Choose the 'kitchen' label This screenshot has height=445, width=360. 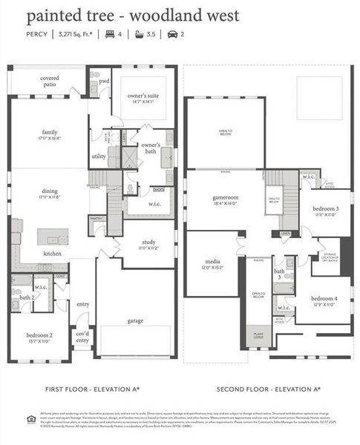click(53, 253)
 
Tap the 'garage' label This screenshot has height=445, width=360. click(135, 320)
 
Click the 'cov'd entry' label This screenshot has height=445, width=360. click(82, 338)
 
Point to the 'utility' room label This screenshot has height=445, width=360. click(99, 156)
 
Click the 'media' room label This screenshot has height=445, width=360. click(212, 262)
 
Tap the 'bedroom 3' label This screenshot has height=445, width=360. click(326, 209)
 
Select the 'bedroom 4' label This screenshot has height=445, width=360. click(324, 299)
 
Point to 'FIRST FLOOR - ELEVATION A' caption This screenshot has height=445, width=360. click(92, 388)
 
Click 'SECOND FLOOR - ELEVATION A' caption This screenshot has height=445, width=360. click(267, 388)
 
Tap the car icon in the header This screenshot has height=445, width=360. click(172, 33)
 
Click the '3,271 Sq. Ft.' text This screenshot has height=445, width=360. click(81, 33)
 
